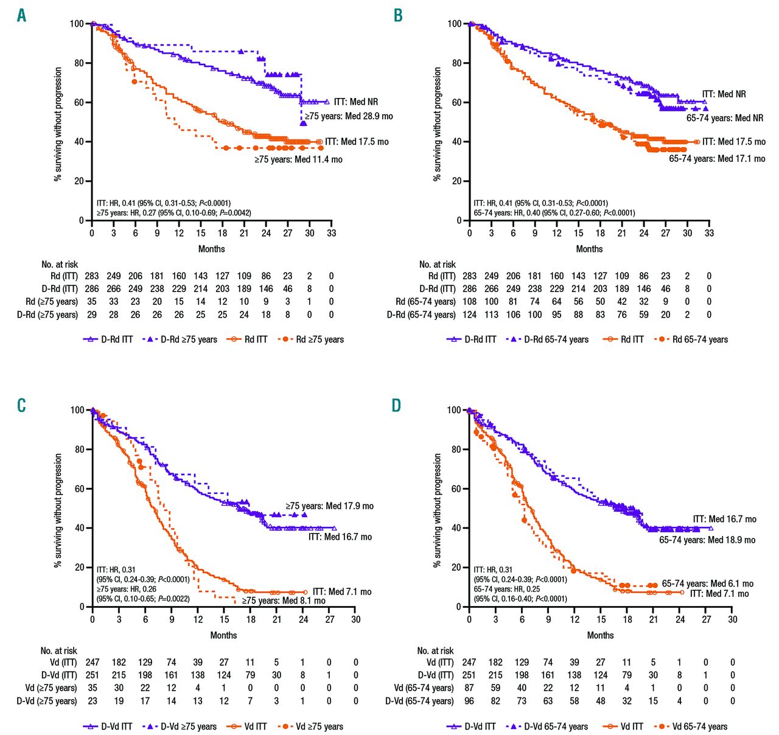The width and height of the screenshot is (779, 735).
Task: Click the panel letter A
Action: click(21, 15)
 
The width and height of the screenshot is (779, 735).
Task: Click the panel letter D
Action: click(397, 405)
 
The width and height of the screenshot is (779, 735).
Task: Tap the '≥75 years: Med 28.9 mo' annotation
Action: click(349, 116)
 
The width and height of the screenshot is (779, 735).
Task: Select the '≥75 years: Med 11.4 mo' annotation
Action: click(298, 159)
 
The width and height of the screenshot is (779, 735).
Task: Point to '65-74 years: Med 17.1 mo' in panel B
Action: click(717, 158)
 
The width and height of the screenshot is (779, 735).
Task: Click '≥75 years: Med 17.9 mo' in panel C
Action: click(329, 506)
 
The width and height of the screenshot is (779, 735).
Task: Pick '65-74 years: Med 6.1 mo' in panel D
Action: click(707, 583)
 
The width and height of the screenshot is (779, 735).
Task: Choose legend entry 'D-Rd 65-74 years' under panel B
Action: click(556, 340)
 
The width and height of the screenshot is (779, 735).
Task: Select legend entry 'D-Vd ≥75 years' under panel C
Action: click(189, 726)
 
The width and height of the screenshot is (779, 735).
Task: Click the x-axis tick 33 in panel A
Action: click(331, 233)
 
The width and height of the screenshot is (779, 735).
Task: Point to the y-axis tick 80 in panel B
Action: click(456, 63)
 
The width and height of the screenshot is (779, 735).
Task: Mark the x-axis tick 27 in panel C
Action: click(330, 619)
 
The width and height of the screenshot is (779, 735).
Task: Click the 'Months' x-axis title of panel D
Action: click(600, 635)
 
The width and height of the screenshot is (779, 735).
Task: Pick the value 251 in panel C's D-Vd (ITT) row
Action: click(92, 675)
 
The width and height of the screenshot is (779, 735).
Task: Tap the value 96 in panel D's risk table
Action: click(469, 701)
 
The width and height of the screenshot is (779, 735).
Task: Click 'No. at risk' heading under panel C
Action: click(59, 651)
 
